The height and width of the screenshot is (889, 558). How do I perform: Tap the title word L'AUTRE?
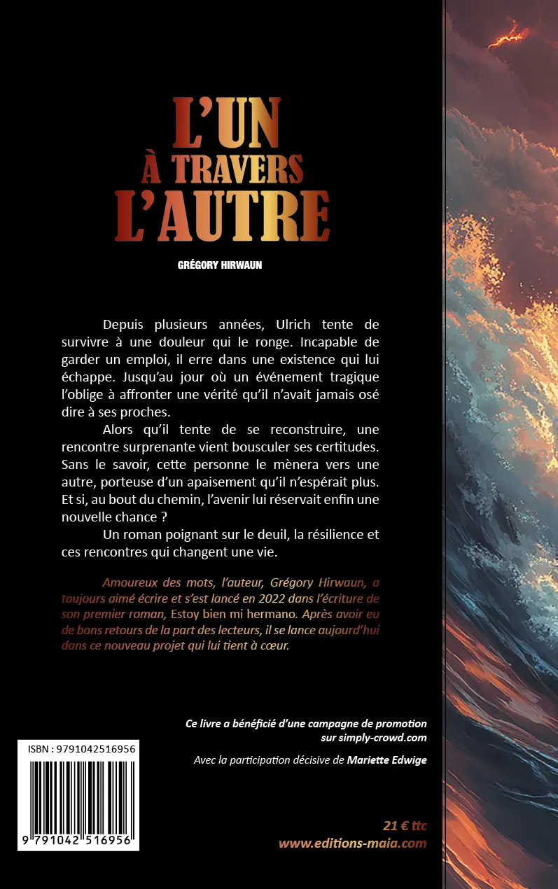[x=222, y=215]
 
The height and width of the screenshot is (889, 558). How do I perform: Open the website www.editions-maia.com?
[x=352, y=843]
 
